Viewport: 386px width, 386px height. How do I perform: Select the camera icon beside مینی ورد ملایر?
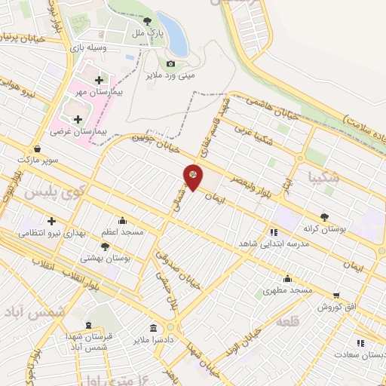pyautogui.click(x=171, y=64)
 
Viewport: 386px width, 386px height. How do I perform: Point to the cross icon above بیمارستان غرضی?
pyautogui.click(x=78, y=118)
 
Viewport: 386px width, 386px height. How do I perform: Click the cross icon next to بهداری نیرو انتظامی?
pyautogui.click(x=51, y=221)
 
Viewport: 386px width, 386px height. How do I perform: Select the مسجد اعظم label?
pyautogui.click(x=124, y=233)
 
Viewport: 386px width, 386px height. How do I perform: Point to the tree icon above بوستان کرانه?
pyautogui.click(x=325, y=215)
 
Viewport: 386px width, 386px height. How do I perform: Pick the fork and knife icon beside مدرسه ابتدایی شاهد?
pyautogui.click(x=274, y=232)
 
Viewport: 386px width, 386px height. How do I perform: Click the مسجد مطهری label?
pyautogui.click(x=287, y=289)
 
